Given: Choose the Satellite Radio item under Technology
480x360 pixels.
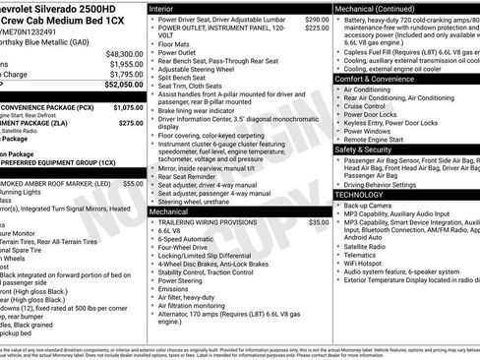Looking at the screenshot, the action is (370, 245).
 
